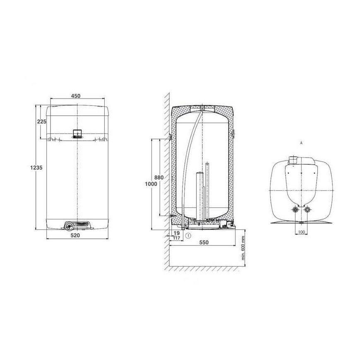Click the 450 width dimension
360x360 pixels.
coord(76,96)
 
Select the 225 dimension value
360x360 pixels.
coord(42,122)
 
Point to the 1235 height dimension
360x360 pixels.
coord(36,168)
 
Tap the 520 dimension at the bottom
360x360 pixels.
coord(75,235)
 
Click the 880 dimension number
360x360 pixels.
coord(159,178)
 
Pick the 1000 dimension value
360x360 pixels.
coord(151,184)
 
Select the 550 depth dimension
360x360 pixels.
coord(204,242)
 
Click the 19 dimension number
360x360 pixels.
coord(177,233)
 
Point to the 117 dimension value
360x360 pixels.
coord(177,238)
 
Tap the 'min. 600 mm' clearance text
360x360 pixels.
coord(243,248)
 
